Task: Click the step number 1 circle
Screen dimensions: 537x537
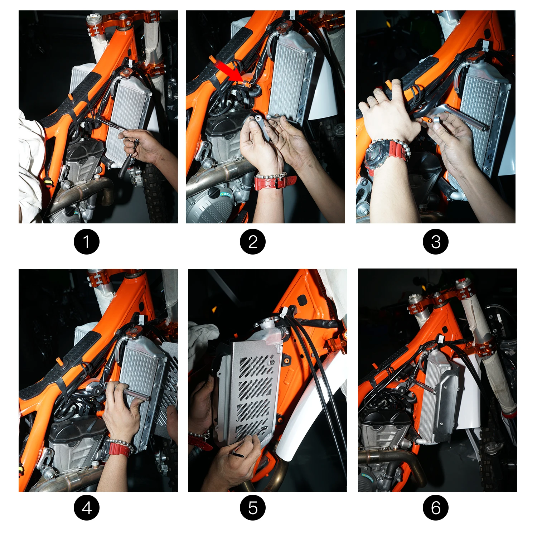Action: pyautogui.click(x=87, y=242)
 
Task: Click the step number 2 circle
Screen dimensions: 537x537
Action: pyautogui.click(x=253, y=242)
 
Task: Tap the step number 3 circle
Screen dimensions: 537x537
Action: pyautogui.click(x=435, y=242)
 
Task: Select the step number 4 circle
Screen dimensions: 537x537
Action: pyautogui.click(x=87, y=508)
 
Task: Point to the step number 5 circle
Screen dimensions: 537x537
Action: pyautogui.click(x=253, y=508)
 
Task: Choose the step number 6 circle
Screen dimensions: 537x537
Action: pyautogui.click(x=435, y=508)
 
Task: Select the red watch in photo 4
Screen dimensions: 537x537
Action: pyautogui.click(x=118, y=449)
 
